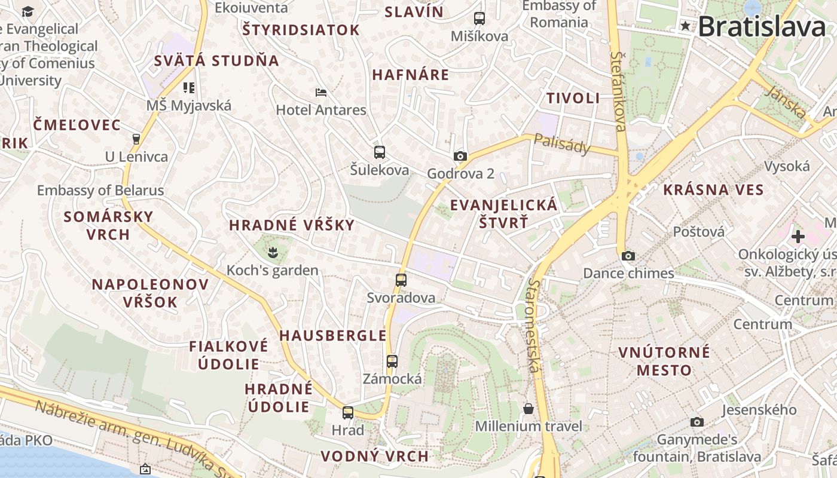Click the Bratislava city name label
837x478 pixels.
pos(762,27)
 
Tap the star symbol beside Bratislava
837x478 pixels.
pos(685,26)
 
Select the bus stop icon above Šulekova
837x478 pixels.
pos(379,152)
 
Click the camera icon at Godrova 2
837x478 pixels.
pos(460,157)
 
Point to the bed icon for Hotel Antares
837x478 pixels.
pos(321,93)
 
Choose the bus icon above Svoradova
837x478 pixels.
pos(401,280)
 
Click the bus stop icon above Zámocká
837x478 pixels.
pos(392,361)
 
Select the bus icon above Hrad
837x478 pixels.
pos(347,412)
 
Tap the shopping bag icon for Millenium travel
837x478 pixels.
pos(529,409)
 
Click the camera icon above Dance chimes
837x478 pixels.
pos(628,256)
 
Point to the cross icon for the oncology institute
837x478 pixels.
pos(798,237)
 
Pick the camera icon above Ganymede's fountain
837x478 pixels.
pos(697,422)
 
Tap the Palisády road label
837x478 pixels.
pos(561,144)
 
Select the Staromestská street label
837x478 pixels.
pos(534,326)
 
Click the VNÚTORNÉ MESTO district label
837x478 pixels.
pos(664,361)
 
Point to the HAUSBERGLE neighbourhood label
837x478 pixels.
pos(333,336)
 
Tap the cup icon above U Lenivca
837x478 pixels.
pos(136,139)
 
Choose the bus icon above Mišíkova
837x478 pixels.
pos(479,19)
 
